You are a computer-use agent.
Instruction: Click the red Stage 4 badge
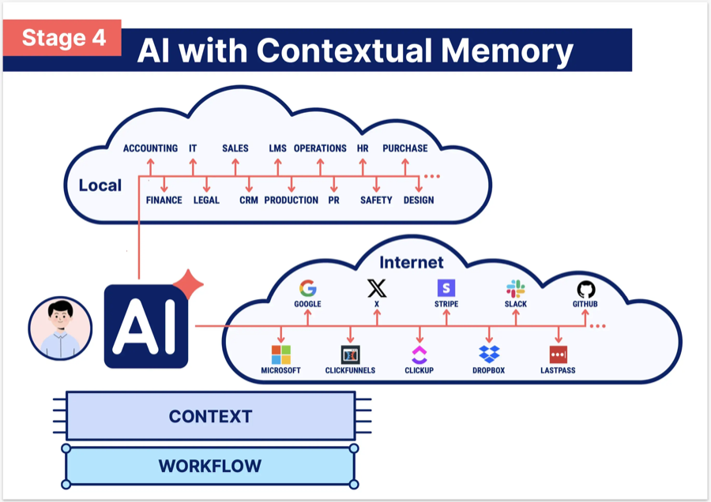[63, 38]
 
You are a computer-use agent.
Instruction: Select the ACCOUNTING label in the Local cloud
[150, 148]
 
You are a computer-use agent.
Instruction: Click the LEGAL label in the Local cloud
[206, 200]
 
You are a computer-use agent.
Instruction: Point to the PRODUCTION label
[292, 200]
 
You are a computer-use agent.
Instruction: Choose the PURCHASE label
[405, 148]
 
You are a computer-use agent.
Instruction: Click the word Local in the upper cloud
[100, 186]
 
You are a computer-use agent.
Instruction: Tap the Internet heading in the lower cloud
[412, 262]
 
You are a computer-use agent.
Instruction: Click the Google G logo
[307, 288]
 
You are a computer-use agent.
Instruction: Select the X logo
[377, 288]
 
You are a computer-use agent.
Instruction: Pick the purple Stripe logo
[446, 288]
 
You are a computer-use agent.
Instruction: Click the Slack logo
[516, 288]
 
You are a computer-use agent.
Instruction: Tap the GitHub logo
[585, 288]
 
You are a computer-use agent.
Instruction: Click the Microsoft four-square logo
[281, 354]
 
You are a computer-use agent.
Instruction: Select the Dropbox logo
[490, 354]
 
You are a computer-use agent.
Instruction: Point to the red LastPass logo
[559, 354]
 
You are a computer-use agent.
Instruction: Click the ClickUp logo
[419, 354]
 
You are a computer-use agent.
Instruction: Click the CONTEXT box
[210, 416]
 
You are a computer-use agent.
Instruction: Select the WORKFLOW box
[210, 466]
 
